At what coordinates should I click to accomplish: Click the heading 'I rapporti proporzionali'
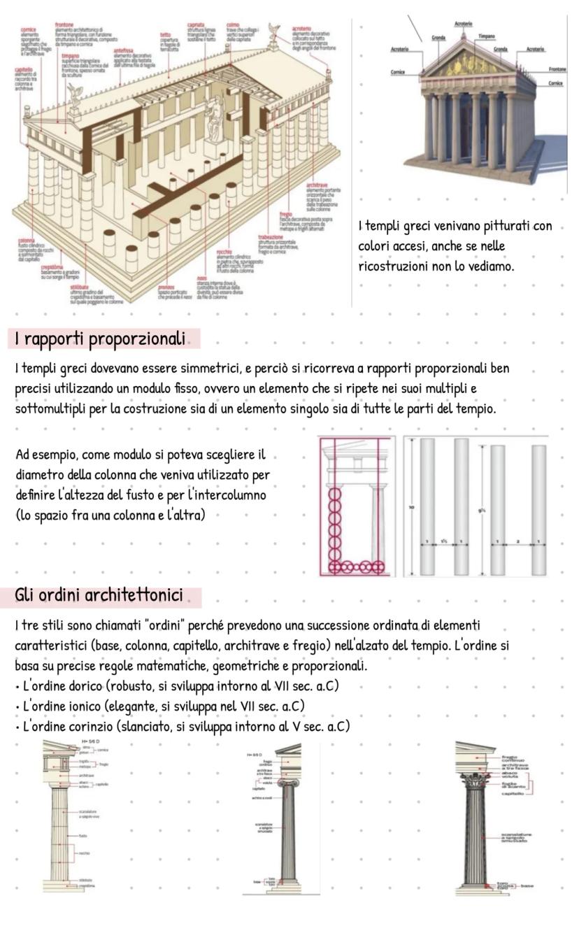(x=100, y=339)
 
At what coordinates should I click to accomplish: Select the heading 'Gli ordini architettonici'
(x=99, y=596)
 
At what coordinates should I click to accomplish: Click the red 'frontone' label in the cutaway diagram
(x=64, y=24)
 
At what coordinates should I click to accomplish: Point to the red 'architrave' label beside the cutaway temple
(x=318, y=185)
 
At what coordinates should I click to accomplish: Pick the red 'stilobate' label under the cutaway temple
(x=80, y=287)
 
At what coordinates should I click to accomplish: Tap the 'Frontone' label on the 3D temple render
(x=557, y=70)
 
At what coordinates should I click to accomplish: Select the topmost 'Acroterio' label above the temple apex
(x=464, y=24)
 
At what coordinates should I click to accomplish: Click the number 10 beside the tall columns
(x=412, y=506)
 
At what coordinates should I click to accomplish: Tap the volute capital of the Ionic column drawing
(x=287, y=783)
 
